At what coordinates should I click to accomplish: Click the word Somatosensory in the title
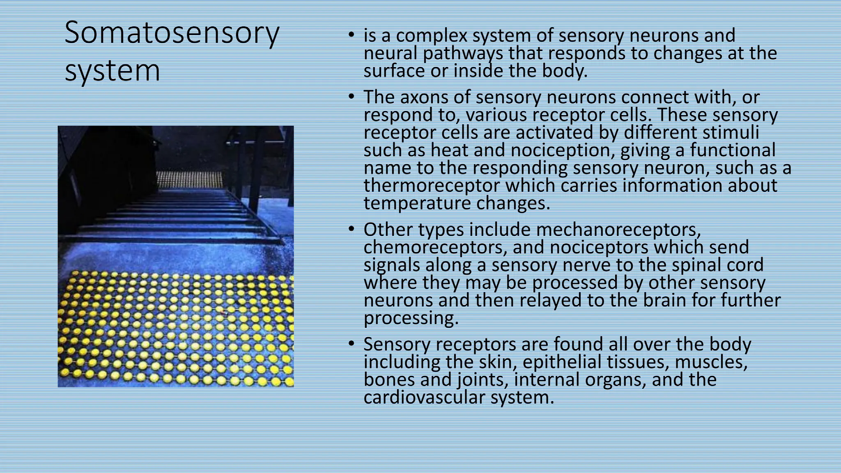click(172, 34)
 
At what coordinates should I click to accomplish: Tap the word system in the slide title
click(112, 71)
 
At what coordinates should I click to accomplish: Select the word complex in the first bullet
click(432, 36)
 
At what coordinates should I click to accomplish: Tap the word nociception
click(562, 150)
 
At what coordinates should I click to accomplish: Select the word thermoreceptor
click(432, 186)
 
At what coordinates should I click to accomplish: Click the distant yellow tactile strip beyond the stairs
click(190, 179)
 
